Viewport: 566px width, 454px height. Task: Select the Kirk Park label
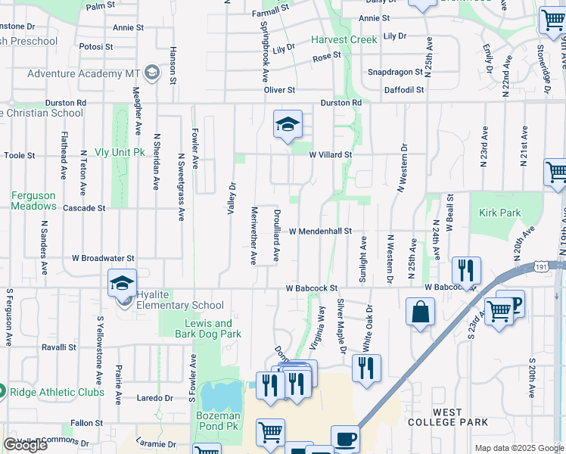tap(499, 213)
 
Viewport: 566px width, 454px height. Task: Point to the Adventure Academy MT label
tap(84, 73)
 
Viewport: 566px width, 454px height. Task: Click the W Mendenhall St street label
tap(320, 231)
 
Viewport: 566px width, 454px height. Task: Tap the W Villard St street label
tap(331, 154)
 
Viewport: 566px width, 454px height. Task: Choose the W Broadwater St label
tap(103, 258)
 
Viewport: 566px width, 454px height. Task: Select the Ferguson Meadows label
tap(33, 201)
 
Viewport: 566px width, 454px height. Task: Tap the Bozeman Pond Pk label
tap(219, 421)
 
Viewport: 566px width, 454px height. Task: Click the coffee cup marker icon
tap(346, 438)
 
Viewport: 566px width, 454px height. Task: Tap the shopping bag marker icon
tap(420, 312)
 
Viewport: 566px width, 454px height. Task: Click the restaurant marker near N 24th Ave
tap(466, 269)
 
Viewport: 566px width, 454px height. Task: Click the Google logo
tap(26, 445)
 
